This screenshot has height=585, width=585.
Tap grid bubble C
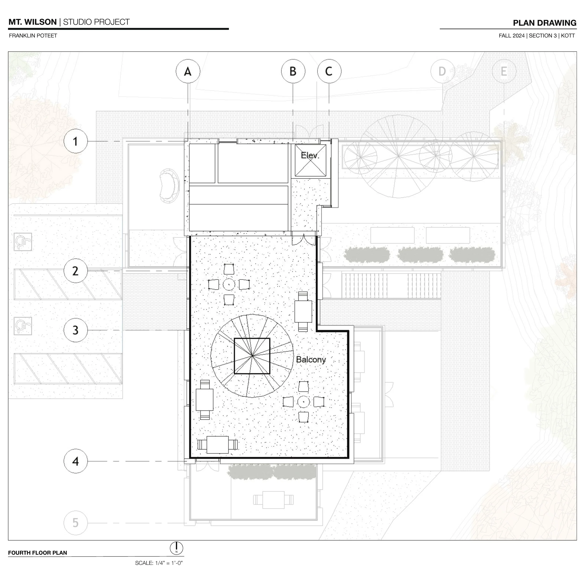click(x=329, y=71)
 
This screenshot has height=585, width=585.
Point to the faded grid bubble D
click(x=442, y=71)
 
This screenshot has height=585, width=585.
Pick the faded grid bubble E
click(x=504, y=71)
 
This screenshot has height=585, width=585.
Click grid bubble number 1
click(x=76, y=141)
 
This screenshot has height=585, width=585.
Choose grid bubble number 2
click(x=76, y=271)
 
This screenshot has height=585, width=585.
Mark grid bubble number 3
click(x=76, y=330)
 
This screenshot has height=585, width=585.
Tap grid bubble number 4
click(x=76, y=461)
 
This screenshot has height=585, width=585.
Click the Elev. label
click(x=310, y=156)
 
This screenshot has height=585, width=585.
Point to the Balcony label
click(x=311, y=360)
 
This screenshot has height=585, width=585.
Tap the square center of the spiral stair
click(x=252, y=356)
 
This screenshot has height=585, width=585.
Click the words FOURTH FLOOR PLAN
click(x=37, y=553)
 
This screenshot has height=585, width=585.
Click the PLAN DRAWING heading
click(x=545, y=23)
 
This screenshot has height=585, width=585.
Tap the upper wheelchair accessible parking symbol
click(x=23, y=242)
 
